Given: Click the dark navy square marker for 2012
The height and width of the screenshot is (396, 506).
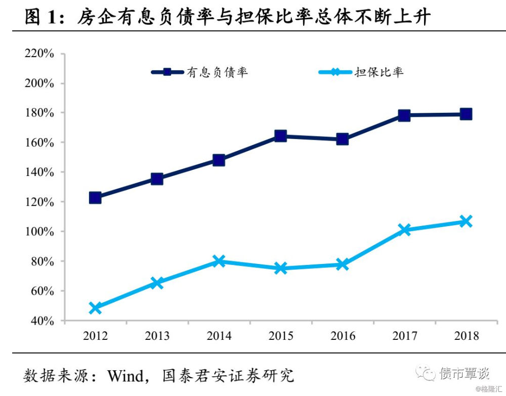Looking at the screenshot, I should tap(95, 197).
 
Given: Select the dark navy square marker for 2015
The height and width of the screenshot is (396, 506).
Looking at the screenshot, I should tap(280, 136).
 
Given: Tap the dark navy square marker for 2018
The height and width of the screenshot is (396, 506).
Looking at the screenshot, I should tap(466, 114).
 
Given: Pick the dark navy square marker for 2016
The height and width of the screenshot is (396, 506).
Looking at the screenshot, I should tap(342, 139).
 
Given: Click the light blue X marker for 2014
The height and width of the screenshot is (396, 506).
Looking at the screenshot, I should tap(219, 261).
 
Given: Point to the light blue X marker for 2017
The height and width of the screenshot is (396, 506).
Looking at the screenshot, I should tap(404, 230).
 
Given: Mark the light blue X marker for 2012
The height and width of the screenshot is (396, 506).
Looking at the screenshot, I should tap(95, 307).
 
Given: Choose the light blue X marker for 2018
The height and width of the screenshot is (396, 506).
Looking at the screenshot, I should tap(466, 221).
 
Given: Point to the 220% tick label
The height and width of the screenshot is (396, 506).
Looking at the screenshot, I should tap(39, 54).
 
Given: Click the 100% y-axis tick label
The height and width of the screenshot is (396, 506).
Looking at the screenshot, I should tap(39, 232).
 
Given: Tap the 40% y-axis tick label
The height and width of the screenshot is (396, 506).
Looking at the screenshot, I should tap(42, 321).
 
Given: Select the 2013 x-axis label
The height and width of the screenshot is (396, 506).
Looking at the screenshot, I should tap(157, 336).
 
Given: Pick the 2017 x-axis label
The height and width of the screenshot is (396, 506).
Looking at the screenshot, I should tap(404, 336).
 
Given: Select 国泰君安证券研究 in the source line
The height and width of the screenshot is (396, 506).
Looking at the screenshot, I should tap(228, 376).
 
